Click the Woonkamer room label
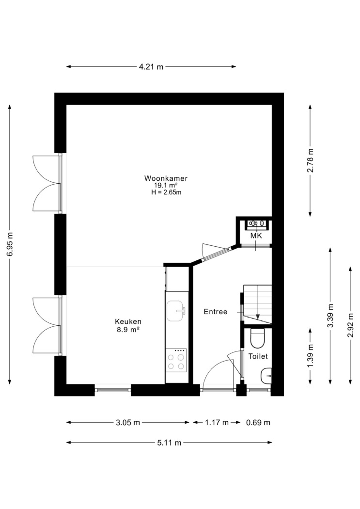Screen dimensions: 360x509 166,178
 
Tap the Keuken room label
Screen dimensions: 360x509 128,322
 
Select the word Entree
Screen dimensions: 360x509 215,312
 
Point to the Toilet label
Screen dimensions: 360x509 258,356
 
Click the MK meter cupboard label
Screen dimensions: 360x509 256,236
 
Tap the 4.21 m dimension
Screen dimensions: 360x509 151,67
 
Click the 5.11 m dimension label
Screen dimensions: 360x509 169,443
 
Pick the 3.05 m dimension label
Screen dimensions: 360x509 128,422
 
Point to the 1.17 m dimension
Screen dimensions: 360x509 217,422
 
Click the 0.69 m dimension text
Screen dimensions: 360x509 258,422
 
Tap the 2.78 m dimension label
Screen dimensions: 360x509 311,160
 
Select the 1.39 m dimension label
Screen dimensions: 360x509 311,356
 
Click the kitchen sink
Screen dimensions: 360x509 175,311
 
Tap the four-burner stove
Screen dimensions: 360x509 176,360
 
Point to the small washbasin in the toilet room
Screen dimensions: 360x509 266,376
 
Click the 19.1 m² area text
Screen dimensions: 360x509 166,185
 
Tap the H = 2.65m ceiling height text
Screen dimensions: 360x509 166,192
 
